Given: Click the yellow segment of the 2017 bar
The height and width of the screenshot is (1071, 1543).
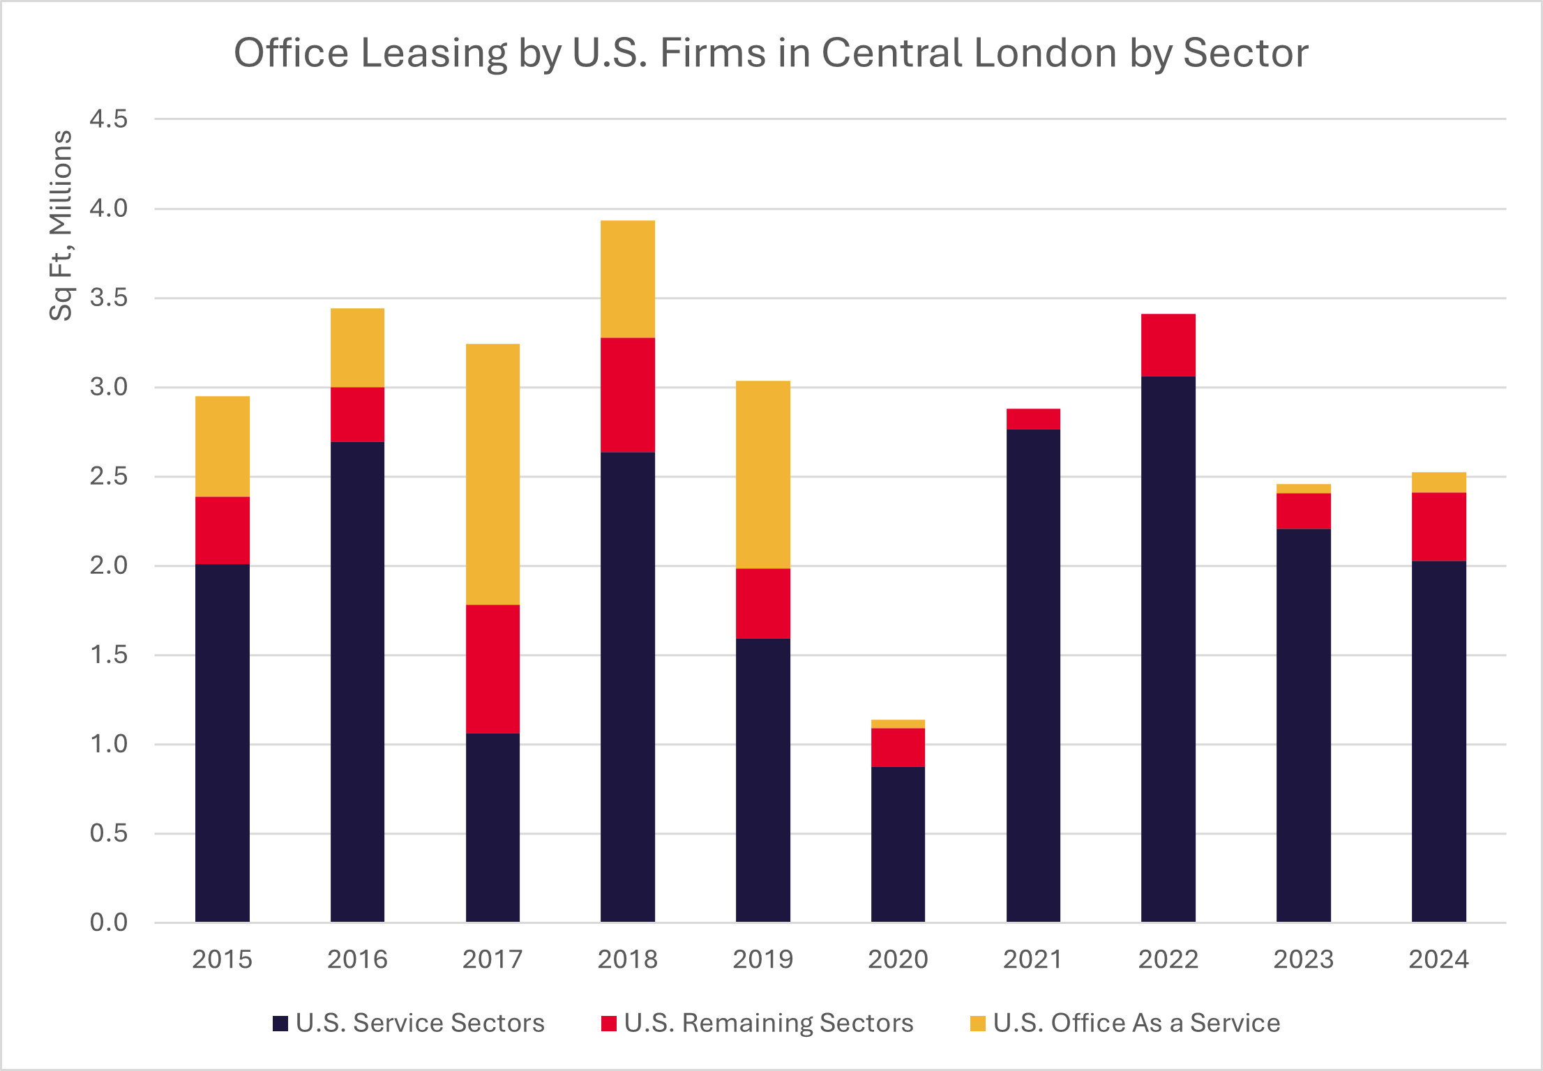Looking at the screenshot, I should (492, 474).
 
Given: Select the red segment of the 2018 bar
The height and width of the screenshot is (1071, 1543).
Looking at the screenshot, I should (628, 395).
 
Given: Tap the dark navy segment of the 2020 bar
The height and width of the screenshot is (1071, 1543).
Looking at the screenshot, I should (898, 844).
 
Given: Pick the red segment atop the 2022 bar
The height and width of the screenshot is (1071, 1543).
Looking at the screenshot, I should (1168, 345).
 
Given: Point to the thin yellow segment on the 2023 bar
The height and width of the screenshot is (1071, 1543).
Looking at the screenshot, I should (1303, 489).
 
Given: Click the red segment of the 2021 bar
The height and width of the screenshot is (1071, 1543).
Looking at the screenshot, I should (1033, 419).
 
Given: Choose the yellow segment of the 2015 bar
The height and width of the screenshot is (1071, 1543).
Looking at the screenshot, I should (223, 446).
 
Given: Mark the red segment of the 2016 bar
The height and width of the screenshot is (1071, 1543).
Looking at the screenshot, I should (357, 414).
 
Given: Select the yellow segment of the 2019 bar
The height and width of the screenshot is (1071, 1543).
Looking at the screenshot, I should (763, 474).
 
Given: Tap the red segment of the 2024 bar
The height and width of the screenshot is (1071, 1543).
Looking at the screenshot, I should (1438, 526).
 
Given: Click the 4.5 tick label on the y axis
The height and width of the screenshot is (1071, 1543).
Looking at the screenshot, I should (109, 119).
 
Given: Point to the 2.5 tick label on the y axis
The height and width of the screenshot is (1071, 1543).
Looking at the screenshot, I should (109, 476).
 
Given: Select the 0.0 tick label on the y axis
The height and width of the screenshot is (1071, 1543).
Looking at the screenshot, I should (109, 922).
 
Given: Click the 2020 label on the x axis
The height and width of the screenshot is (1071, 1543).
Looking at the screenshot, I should (898, 959).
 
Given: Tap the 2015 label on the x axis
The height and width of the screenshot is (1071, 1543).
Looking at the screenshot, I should (223, 959).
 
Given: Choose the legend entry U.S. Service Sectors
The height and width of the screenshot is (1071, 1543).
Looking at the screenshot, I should (419, 1023).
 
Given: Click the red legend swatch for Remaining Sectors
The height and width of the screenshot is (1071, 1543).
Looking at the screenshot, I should (609, 1024).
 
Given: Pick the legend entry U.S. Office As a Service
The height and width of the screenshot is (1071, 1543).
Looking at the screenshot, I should (1136, 1023).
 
